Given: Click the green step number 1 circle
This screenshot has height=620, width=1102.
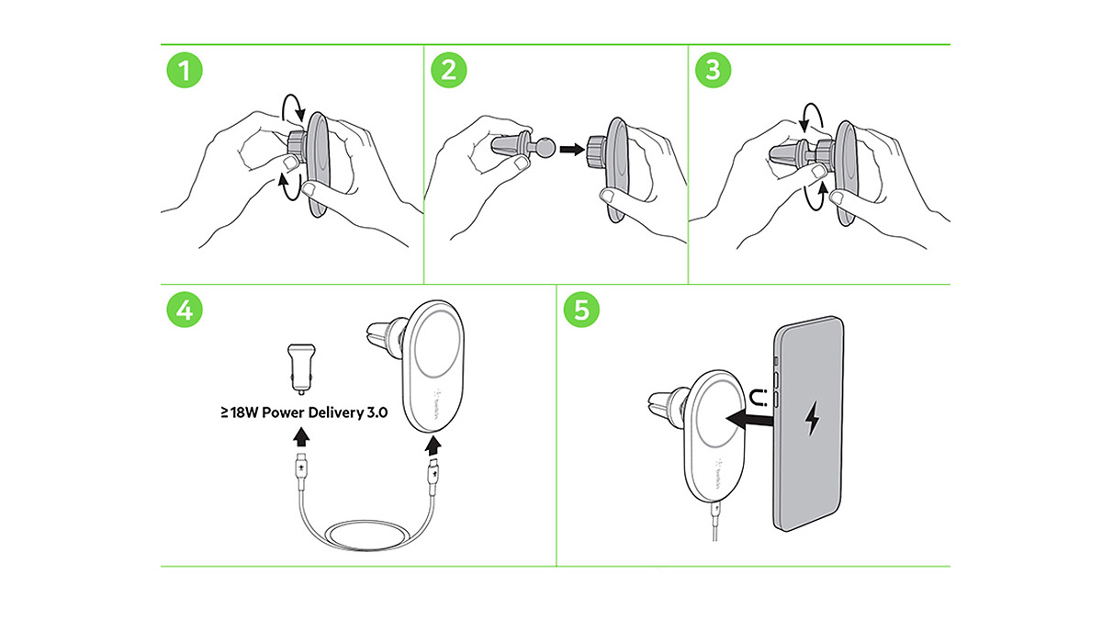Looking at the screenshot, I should [186, 72].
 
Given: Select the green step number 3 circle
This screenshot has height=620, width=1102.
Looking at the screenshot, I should [710, 72].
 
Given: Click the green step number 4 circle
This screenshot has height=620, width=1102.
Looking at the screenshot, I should [186, 310].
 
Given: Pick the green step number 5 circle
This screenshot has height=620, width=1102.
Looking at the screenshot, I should [581, 310].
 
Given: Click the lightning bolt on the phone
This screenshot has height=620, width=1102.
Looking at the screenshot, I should [813, 420].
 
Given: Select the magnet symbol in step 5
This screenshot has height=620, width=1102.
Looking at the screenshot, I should [759, 398].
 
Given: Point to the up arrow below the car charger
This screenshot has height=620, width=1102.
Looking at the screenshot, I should [300, 435].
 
